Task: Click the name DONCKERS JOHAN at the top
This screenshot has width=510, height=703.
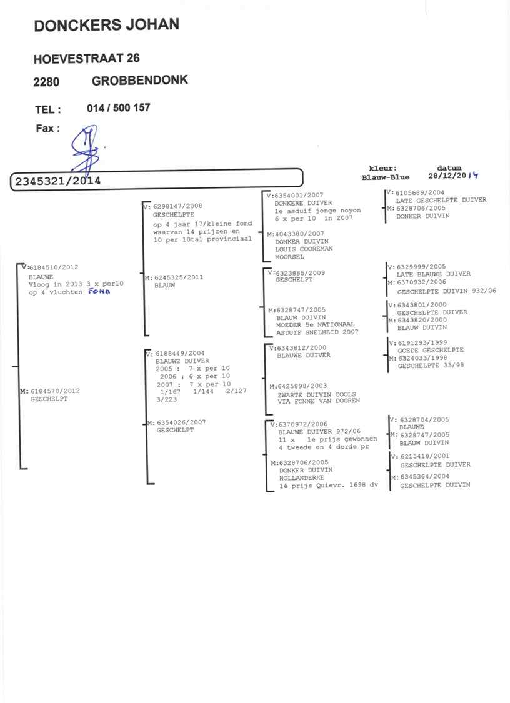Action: [x=106, y=25]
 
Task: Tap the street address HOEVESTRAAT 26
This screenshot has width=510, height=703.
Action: [x=86, y=59]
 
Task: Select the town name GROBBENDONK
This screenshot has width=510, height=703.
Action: [x=139, y=81]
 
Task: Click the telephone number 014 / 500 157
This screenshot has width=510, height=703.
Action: [x=119, y=108]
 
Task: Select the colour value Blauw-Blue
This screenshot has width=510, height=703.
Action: [x=386, y=177]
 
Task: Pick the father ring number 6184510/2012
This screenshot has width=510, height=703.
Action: [x=54, y=267]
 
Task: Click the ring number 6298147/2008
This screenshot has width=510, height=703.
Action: [x=177, y=206]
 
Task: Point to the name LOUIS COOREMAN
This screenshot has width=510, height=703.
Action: [x=304, y=249]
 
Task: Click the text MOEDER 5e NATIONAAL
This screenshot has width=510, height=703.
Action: [x=315, y=324]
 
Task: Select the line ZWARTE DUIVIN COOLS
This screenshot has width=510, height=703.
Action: [x=316, y=394]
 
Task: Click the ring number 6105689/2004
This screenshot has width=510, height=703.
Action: [x=420, y=192]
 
